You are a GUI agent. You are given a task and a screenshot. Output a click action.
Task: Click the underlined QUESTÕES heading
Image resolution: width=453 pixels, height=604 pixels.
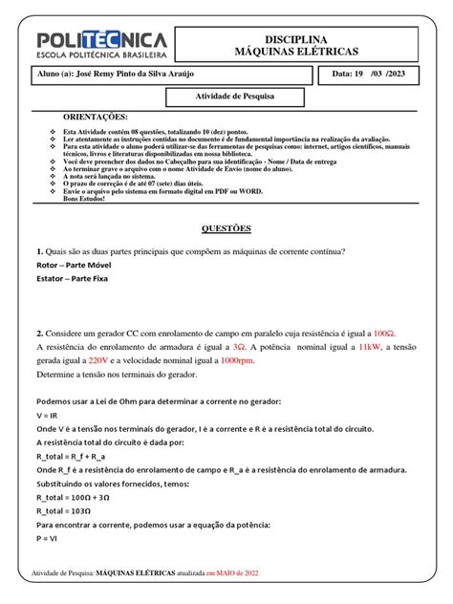pos(226,229)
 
